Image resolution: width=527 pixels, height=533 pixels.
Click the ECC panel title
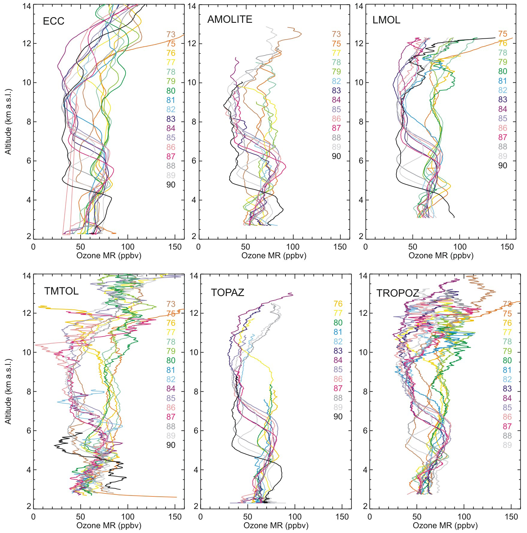(54, 21)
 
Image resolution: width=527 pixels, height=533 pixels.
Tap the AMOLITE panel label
(230, 19)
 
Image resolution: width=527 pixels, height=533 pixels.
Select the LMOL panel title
(386, 20)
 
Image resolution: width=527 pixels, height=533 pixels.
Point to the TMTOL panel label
(61, 291)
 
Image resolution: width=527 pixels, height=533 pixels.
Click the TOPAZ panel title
(227, 292)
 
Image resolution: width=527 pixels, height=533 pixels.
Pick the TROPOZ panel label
(398, 293)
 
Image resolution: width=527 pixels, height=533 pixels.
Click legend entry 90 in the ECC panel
(171, 185)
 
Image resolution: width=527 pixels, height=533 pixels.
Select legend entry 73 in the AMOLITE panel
(336, 34)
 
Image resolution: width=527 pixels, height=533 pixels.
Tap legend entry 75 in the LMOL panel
(503, 34)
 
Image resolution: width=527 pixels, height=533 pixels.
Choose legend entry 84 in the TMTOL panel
(171, 389)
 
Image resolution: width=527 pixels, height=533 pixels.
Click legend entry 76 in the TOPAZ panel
(338, 304)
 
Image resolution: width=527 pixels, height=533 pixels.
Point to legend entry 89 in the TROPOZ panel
(507, 445)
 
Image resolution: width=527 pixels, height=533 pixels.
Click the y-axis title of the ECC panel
(8, 122)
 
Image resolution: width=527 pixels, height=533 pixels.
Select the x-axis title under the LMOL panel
(441, 256)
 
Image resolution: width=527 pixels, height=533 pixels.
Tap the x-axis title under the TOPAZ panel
(276, 526)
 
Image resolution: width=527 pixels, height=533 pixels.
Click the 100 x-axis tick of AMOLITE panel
(293, 247)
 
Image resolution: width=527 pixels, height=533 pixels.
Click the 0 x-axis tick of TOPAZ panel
(200, 517)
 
